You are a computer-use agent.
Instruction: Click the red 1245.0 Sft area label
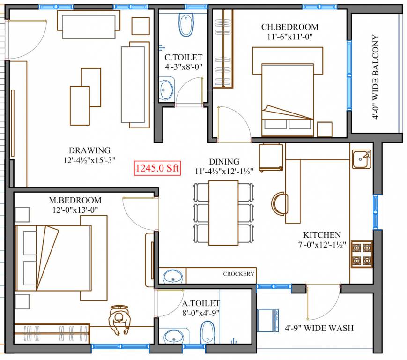(x=157, y=168)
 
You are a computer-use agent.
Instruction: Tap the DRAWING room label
(x=89, y=150)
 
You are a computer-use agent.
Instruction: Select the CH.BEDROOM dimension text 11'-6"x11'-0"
(x=289, y=36)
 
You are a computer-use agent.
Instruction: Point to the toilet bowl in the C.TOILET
(x=186, y=25)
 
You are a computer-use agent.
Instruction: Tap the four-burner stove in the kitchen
(x=362, y=254)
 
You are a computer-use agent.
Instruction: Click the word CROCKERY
(x=238, y=274)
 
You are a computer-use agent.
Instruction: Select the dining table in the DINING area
(x=223, y=212)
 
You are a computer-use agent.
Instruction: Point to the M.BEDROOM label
(x=75, y=200)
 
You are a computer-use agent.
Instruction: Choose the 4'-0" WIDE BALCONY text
(x=376, y=77)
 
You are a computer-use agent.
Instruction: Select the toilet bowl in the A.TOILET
(x=207, y=334)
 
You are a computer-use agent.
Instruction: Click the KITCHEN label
(x=322, y=235)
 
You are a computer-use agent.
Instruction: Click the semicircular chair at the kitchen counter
(x=279, y=202)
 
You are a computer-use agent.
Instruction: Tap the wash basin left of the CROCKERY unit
(x=173, y=276)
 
